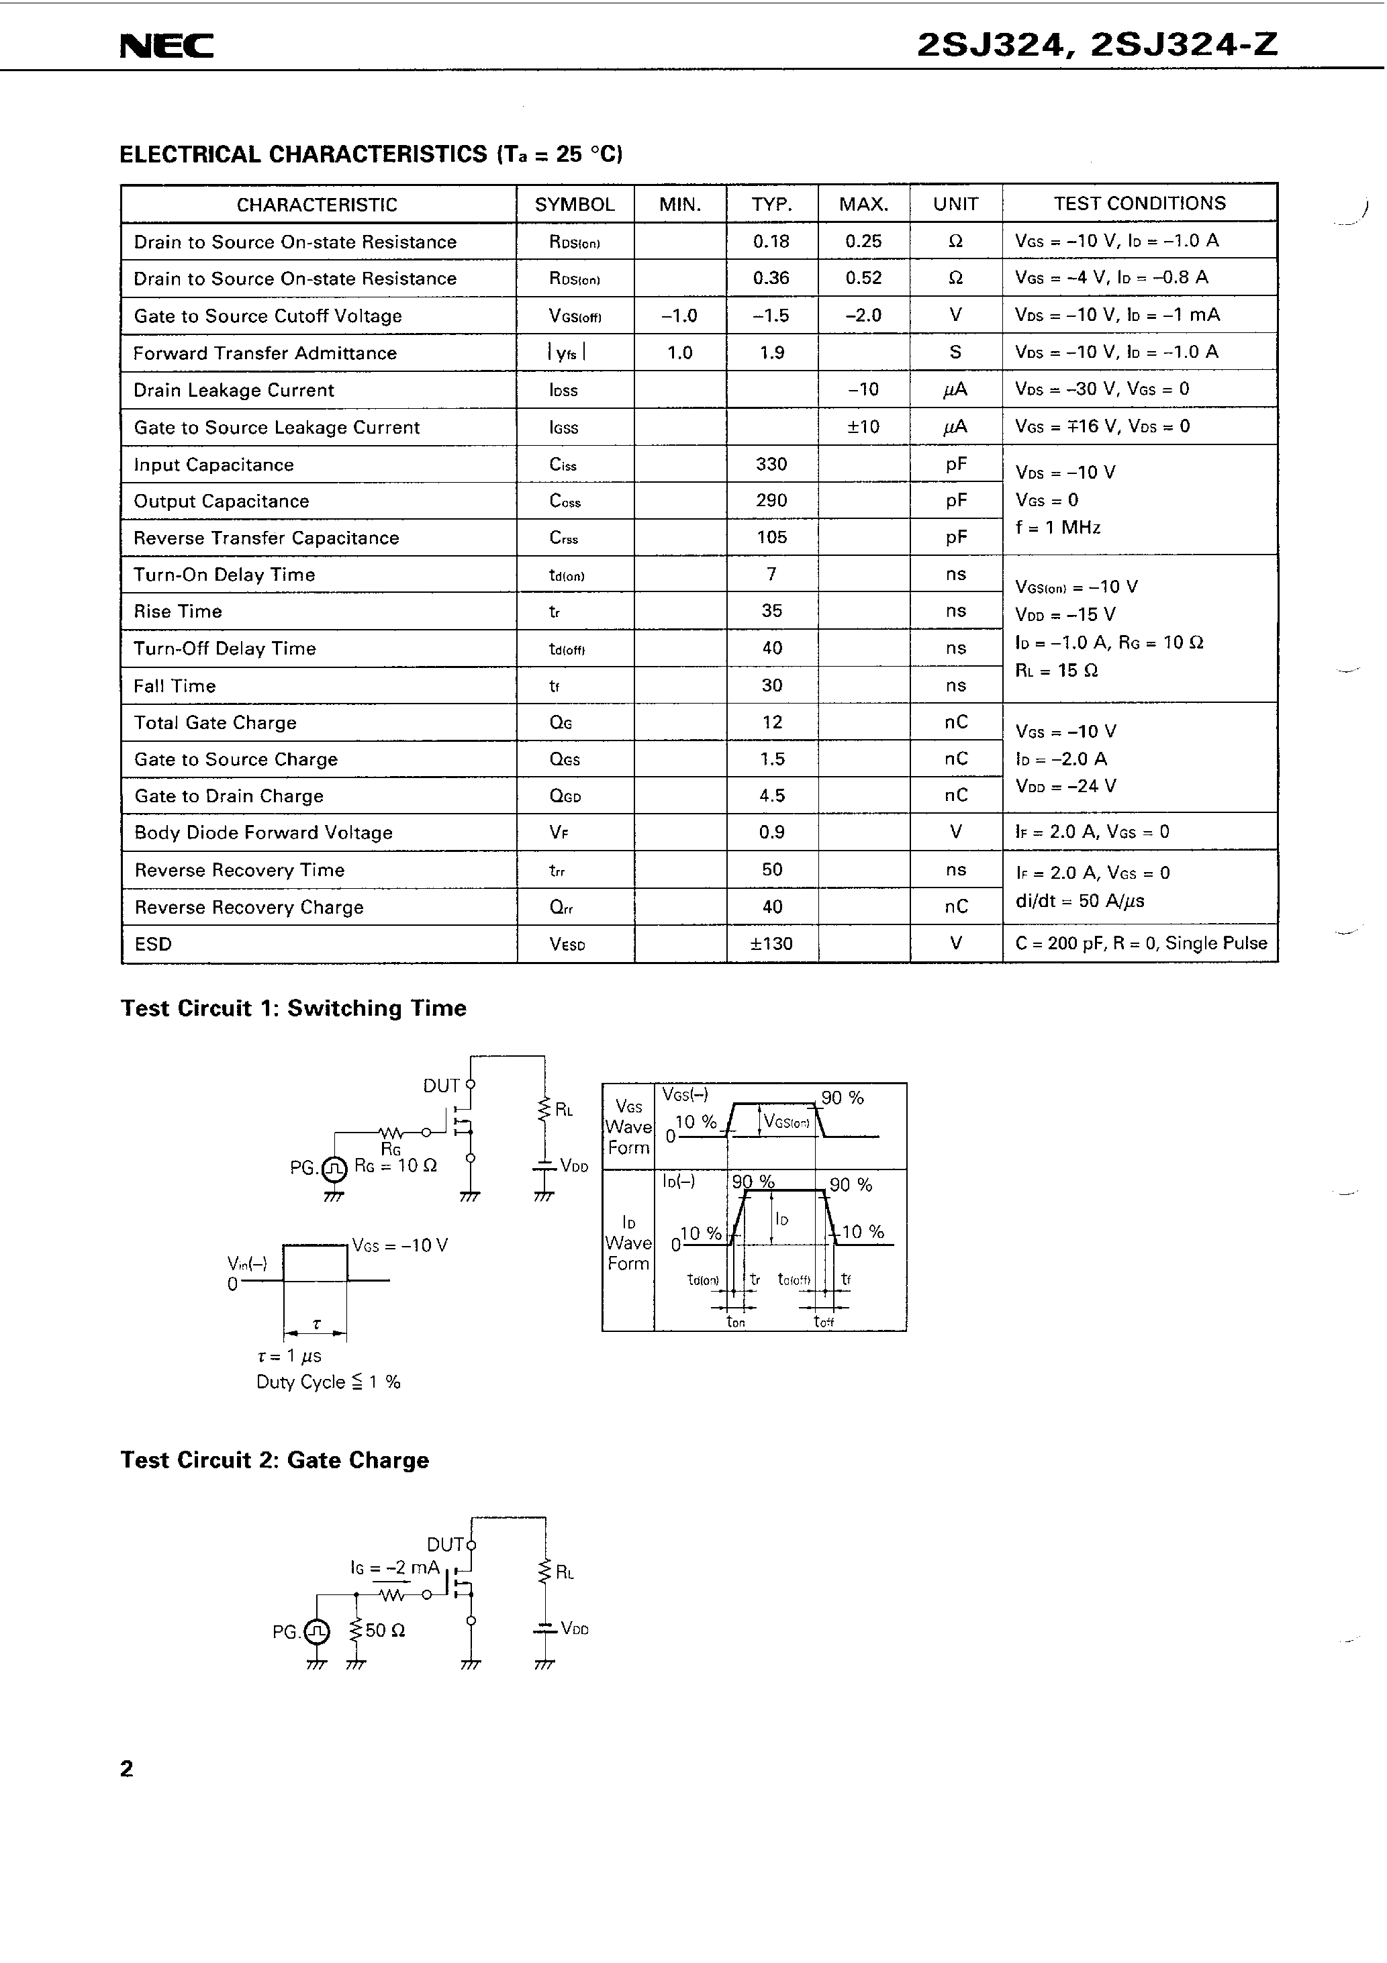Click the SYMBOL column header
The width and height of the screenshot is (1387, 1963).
(x=574, y=204)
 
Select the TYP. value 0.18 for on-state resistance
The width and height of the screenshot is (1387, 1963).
(x=771, y=242)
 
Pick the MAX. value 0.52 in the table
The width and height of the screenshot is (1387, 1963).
(x=863, y=278)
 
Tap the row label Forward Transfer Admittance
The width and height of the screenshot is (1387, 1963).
(x=265, y=353)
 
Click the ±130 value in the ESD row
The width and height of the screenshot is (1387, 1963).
(x=771, y=944)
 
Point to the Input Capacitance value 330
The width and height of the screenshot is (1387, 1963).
(x=771, y=465)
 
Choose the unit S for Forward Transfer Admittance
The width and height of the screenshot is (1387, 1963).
(x=955, y=352)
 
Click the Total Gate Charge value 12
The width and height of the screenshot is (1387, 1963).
(x=771, y=722)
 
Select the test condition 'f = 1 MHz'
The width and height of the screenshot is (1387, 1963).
(x=1058, y=528)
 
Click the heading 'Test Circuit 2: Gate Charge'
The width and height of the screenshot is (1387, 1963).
(x=275, y=1459)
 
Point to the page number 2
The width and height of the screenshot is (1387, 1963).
(x=127, y=1769)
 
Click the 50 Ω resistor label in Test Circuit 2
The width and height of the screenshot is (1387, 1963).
(x=385, y=1631)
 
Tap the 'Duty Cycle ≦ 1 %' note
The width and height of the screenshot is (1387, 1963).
(x=328, y=1382)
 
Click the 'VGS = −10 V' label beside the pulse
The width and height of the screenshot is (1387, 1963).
(x=399, y=1246)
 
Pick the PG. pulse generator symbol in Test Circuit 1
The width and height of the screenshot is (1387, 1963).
(x=334, y=1167)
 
